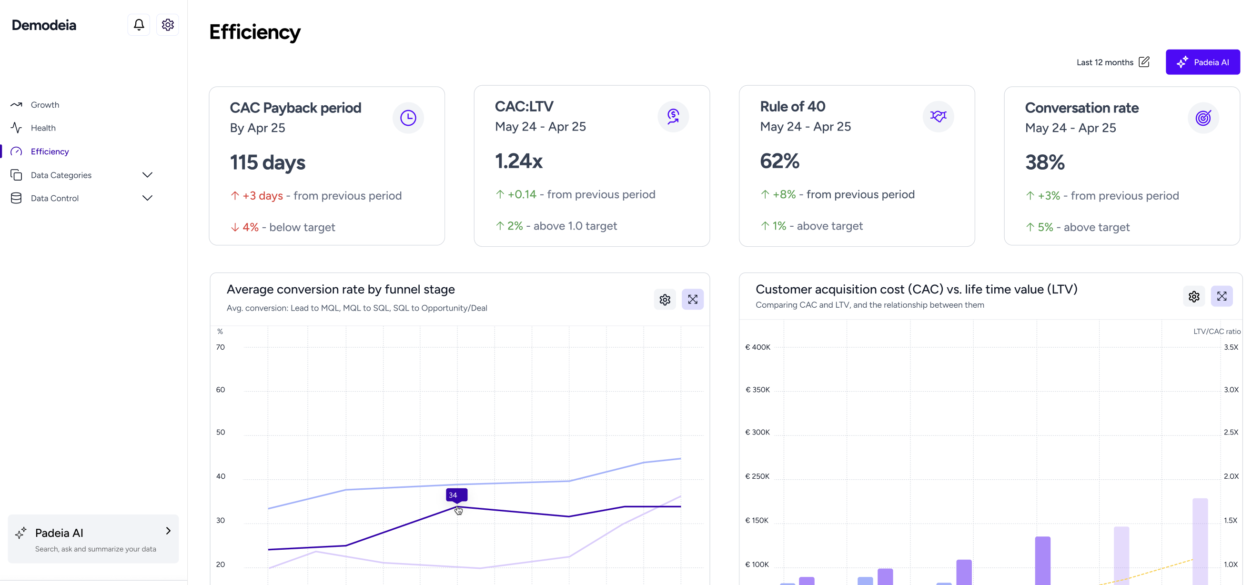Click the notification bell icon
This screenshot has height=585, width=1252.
pyautogui.click(x=139, y=25)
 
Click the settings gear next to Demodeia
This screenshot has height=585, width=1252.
pyautogui.click(x=168, y=25)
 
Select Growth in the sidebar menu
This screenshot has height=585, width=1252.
pyautogui.click(x=45, y=105)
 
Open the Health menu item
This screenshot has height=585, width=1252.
pyautogui.click(x=43, y=128)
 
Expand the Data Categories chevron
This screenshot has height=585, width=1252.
pyautogui.click(x=147, y=175)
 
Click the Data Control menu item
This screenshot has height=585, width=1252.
pyautogui.click(x=54, y=198)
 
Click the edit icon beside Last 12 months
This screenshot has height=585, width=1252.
pyautogui.click(x=1144, y=62)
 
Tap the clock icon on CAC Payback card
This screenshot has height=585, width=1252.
pyautogui.click(x=408, y=118)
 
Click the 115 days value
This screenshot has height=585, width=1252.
pyautogui.click(x=267, y=163)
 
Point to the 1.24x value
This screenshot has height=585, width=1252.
pyautogui.click(x=518, y=161)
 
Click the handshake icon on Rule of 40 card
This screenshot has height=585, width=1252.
pyautogui.click(x=938, y=117)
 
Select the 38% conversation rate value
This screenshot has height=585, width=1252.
pyautogui.click(x=1044, y=163)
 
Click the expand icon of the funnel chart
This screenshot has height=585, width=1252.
pyautogui.click(x=693, y=300)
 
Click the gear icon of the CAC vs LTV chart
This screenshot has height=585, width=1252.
pyautogui.click(x=1194, y=297)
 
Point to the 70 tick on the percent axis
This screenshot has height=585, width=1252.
pyautogui.click(x=221, y=347)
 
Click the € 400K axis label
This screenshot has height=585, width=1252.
pyautogui.click(x=757, y=347)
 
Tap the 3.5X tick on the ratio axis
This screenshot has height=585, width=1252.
pyautogui.click(x=1231, y=347)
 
